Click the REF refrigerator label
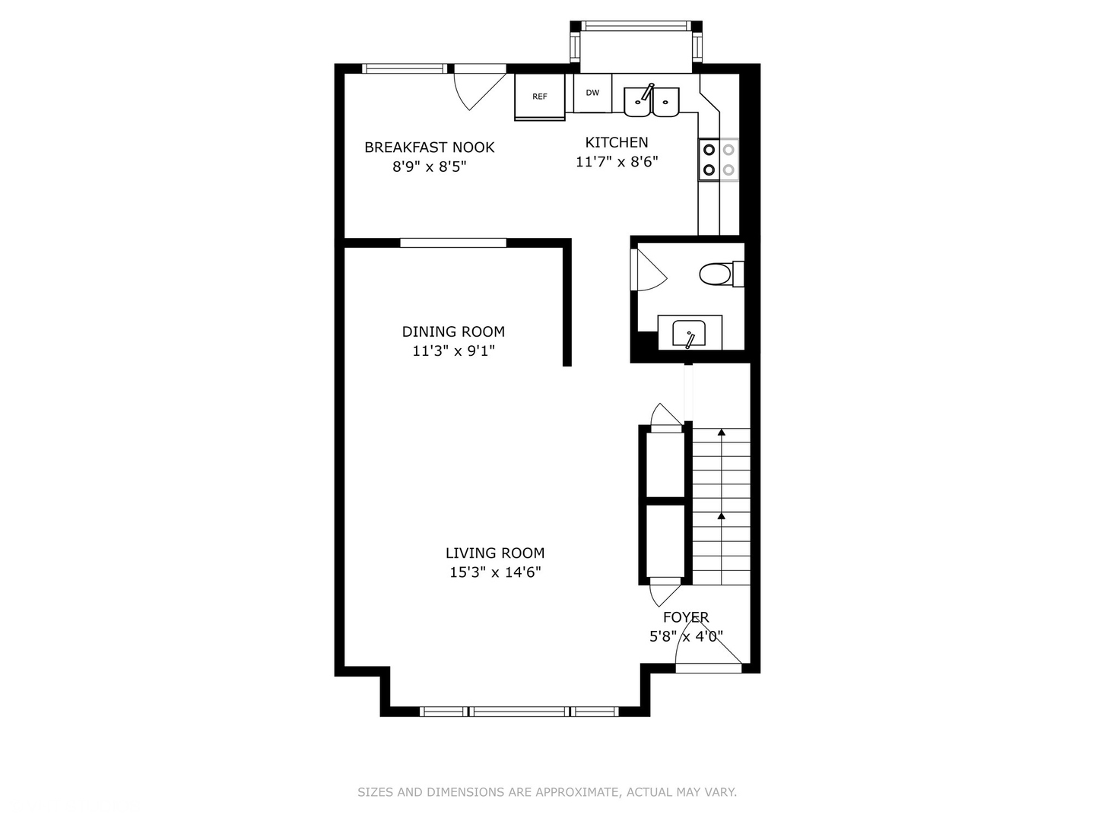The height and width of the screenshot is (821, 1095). click(x=539, y=97)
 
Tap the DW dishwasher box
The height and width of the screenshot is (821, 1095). click(x=592, y=93)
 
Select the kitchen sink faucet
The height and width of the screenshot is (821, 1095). click(x=648, y=92)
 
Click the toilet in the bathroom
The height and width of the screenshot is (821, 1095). click(x=722, y=274)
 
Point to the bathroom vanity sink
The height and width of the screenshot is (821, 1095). click(x=689, y=333)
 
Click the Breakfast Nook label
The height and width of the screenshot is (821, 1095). click(x=429, y=147)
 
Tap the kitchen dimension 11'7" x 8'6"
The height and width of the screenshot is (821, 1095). click(x=617, y=162)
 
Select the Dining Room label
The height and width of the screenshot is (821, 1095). click(x=453, y=331)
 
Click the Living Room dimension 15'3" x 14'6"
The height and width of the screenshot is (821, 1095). click(x=495, y=572)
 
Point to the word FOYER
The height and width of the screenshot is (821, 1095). click(x=685, y=617)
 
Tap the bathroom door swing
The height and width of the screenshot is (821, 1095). click(x=649, y=270)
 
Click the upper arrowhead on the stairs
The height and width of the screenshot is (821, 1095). click(x=722, y=433)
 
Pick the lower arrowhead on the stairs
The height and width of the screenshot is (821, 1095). click(x=722, y=515)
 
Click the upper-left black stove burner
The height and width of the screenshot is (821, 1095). click(x=709, y=150)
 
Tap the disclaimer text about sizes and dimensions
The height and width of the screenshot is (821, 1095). click(x=547, y=791)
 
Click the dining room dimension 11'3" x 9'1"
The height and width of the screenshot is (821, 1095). click(x=453, y=351)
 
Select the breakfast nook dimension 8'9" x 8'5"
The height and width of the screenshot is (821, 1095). click(x=429, y=166)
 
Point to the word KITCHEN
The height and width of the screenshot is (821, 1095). click(x=617, y=143)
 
